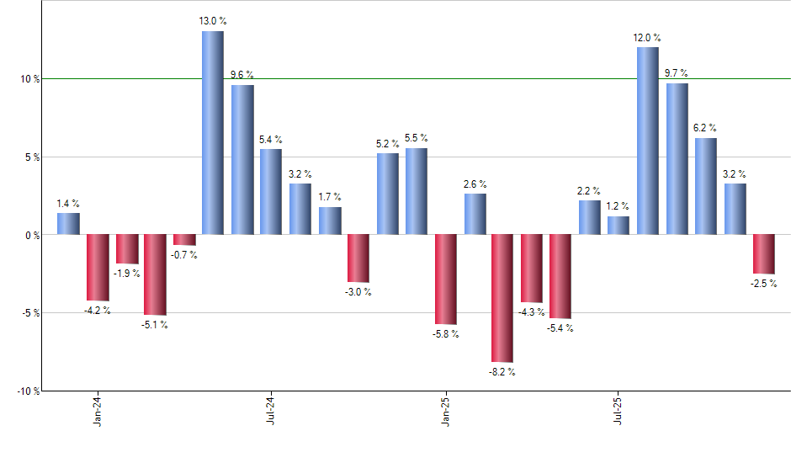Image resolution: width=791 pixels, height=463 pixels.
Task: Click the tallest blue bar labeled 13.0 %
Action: point(212,133)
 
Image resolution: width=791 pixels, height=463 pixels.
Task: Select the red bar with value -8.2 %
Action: point(502,298)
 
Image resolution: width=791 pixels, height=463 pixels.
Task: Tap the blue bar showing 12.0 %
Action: point(647,141)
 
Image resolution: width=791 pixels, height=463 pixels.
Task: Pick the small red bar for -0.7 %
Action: point(184,240)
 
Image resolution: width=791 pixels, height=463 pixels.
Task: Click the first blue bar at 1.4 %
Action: point(69,224)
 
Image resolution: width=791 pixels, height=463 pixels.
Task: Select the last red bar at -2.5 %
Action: point(763,254)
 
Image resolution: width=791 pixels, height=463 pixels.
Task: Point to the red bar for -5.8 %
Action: point(445,279)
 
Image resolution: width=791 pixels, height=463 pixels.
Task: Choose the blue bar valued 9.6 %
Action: point(242,160)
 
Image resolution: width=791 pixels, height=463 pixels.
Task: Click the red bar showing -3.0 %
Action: point(358,258)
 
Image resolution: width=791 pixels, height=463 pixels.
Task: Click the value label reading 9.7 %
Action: point(677,74)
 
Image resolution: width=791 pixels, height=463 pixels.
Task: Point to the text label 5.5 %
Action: point(416,138)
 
